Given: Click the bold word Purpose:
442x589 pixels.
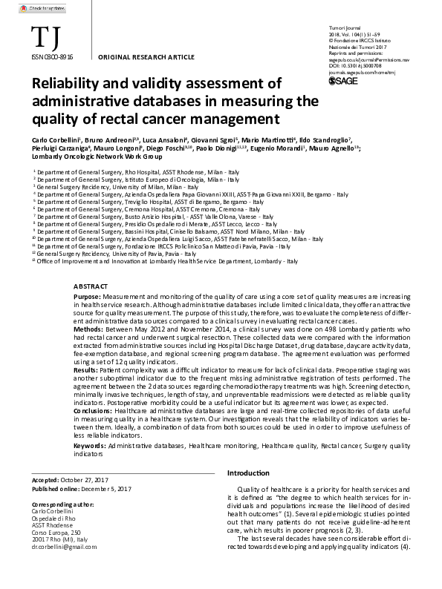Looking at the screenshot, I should (89, 296).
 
